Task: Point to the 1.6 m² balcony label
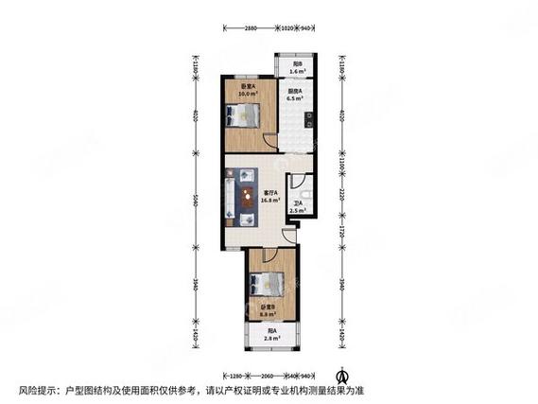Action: tap(296, 68)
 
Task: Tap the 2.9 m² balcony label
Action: tap(271, 334)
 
